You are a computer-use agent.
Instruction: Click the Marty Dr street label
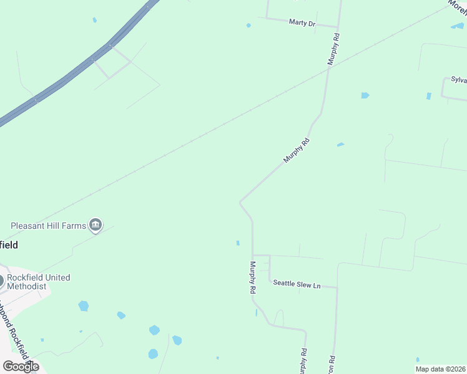click(302, 23)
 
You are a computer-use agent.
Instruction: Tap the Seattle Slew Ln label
click(297, 285)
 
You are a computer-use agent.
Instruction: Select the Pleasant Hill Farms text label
click(47, 226)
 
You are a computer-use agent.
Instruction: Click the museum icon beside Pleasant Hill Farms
click(96, 225)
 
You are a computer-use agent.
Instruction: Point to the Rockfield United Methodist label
click(38, 281)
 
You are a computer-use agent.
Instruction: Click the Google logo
click(21, 366)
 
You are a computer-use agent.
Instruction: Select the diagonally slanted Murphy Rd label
click(296, 151)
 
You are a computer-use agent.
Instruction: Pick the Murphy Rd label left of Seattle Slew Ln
click(253, 277)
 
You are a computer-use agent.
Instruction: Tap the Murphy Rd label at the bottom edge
click(303, 362)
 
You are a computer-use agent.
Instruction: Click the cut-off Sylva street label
click(459, 80)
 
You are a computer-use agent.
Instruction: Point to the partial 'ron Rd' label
click(333, 365)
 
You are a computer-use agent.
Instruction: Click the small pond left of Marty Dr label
click(248, 26)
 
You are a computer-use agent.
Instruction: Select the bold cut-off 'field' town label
click(9, 245)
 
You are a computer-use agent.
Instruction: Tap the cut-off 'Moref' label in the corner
click(457, 7)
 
